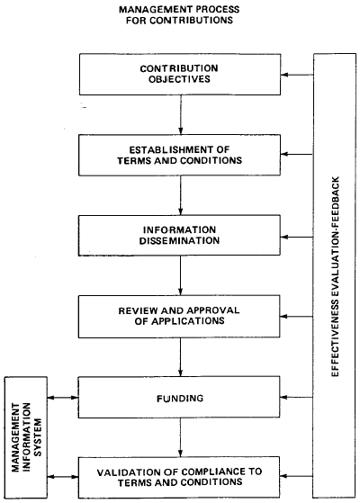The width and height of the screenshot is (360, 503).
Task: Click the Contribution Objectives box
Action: pyautogui.click(x=181, y=74)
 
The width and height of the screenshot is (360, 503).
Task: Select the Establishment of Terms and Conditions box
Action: pyautogui.click(x=181, y=154)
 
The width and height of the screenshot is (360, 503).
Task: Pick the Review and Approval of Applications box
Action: pyautogui.click(x=181, y=314)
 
